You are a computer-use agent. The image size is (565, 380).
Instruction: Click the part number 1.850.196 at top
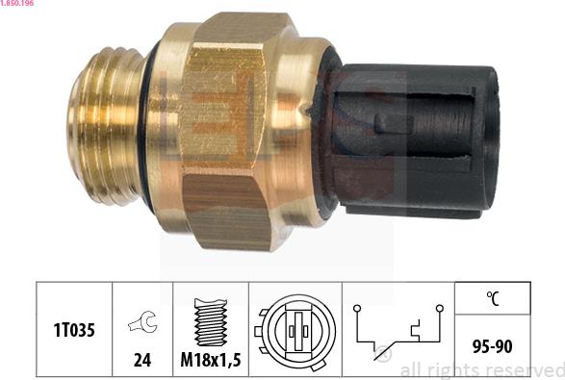click(16, 3)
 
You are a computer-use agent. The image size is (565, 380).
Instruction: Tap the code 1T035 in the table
click(74, 330)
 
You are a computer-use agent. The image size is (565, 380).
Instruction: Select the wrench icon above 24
click(142, 321)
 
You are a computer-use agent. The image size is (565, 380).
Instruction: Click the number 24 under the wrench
click(142, 360)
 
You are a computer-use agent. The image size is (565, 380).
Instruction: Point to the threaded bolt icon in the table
click(211, 322)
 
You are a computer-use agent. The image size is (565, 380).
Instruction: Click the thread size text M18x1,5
click(211, 360)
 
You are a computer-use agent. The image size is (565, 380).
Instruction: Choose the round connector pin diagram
click(295, 331)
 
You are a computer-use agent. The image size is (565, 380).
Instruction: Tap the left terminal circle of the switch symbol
click(357, 308)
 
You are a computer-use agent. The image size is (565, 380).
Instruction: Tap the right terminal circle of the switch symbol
click(440, 308)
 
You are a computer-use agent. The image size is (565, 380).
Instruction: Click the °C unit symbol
click(493, 298)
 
